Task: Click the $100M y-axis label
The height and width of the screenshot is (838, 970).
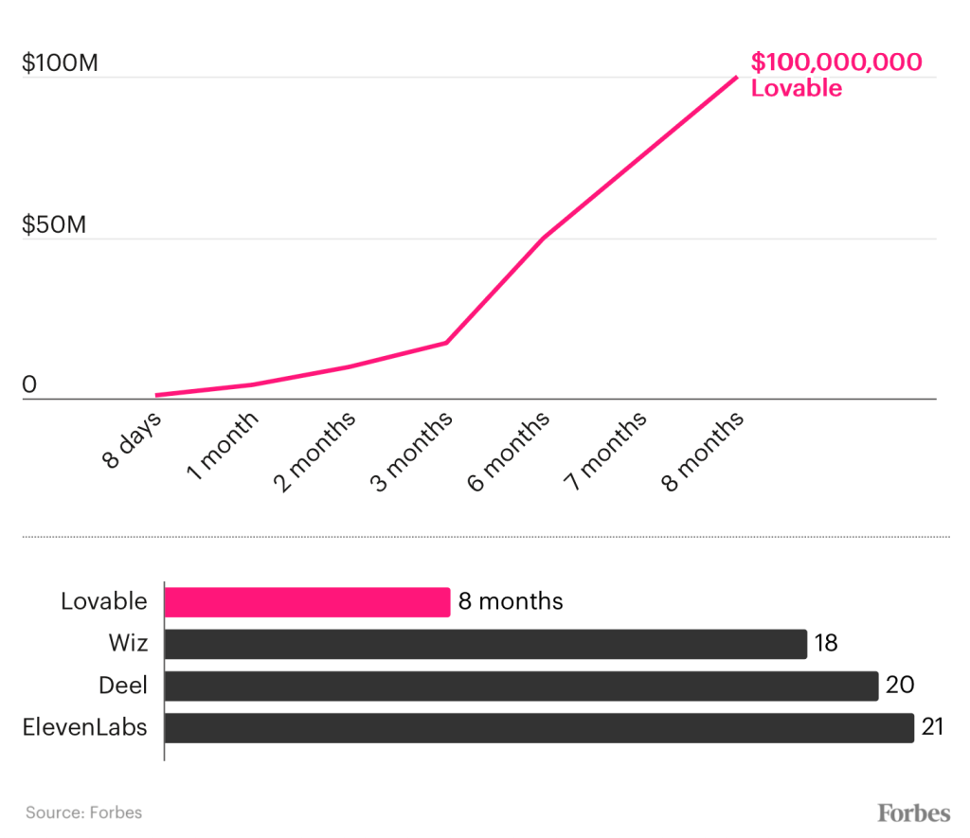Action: click(x=60, y=64)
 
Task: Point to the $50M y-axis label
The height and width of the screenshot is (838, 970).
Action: click(x=54, y=225)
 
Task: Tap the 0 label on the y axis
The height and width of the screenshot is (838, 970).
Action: click(x=29, y=384)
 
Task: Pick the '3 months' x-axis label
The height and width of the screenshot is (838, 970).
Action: click(x=411, y=452)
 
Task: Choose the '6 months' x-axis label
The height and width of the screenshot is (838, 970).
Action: click(x=508, y=452)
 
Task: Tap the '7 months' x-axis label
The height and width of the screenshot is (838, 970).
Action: click(x=605, y=452)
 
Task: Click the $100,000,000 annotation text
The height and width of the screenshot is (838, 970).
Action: click(x=836, y=62)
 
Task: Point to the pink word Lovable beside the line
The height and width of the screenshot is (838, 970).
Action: click(x=796, y=89)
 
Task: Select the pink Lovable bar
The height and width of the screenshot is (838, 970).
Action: click(x=307, y=602)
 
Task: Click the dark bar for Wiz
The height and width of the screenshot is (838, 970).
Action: click(x=485, y=644)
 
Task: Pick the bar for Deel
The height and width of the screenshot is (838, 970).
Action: click(x=521, y=686)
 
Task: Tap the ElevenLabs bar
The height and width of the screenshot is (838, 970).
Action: click(x=539, y=727)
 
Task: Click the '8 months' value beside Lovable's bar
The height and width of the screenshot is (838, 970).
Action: click(x=511, y=601)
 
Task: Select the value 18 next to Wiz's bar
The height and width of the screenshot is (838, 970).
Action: click(x=826, y=644)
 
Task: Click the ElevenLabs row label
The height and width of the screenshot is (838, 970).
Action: click(x=84, y=727)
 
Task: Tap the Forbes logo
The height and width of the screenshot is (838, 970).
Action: click(x=913, y=812)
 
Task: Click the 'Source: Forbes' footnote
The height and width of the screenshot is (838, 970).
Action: click(x=83, y=812)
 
